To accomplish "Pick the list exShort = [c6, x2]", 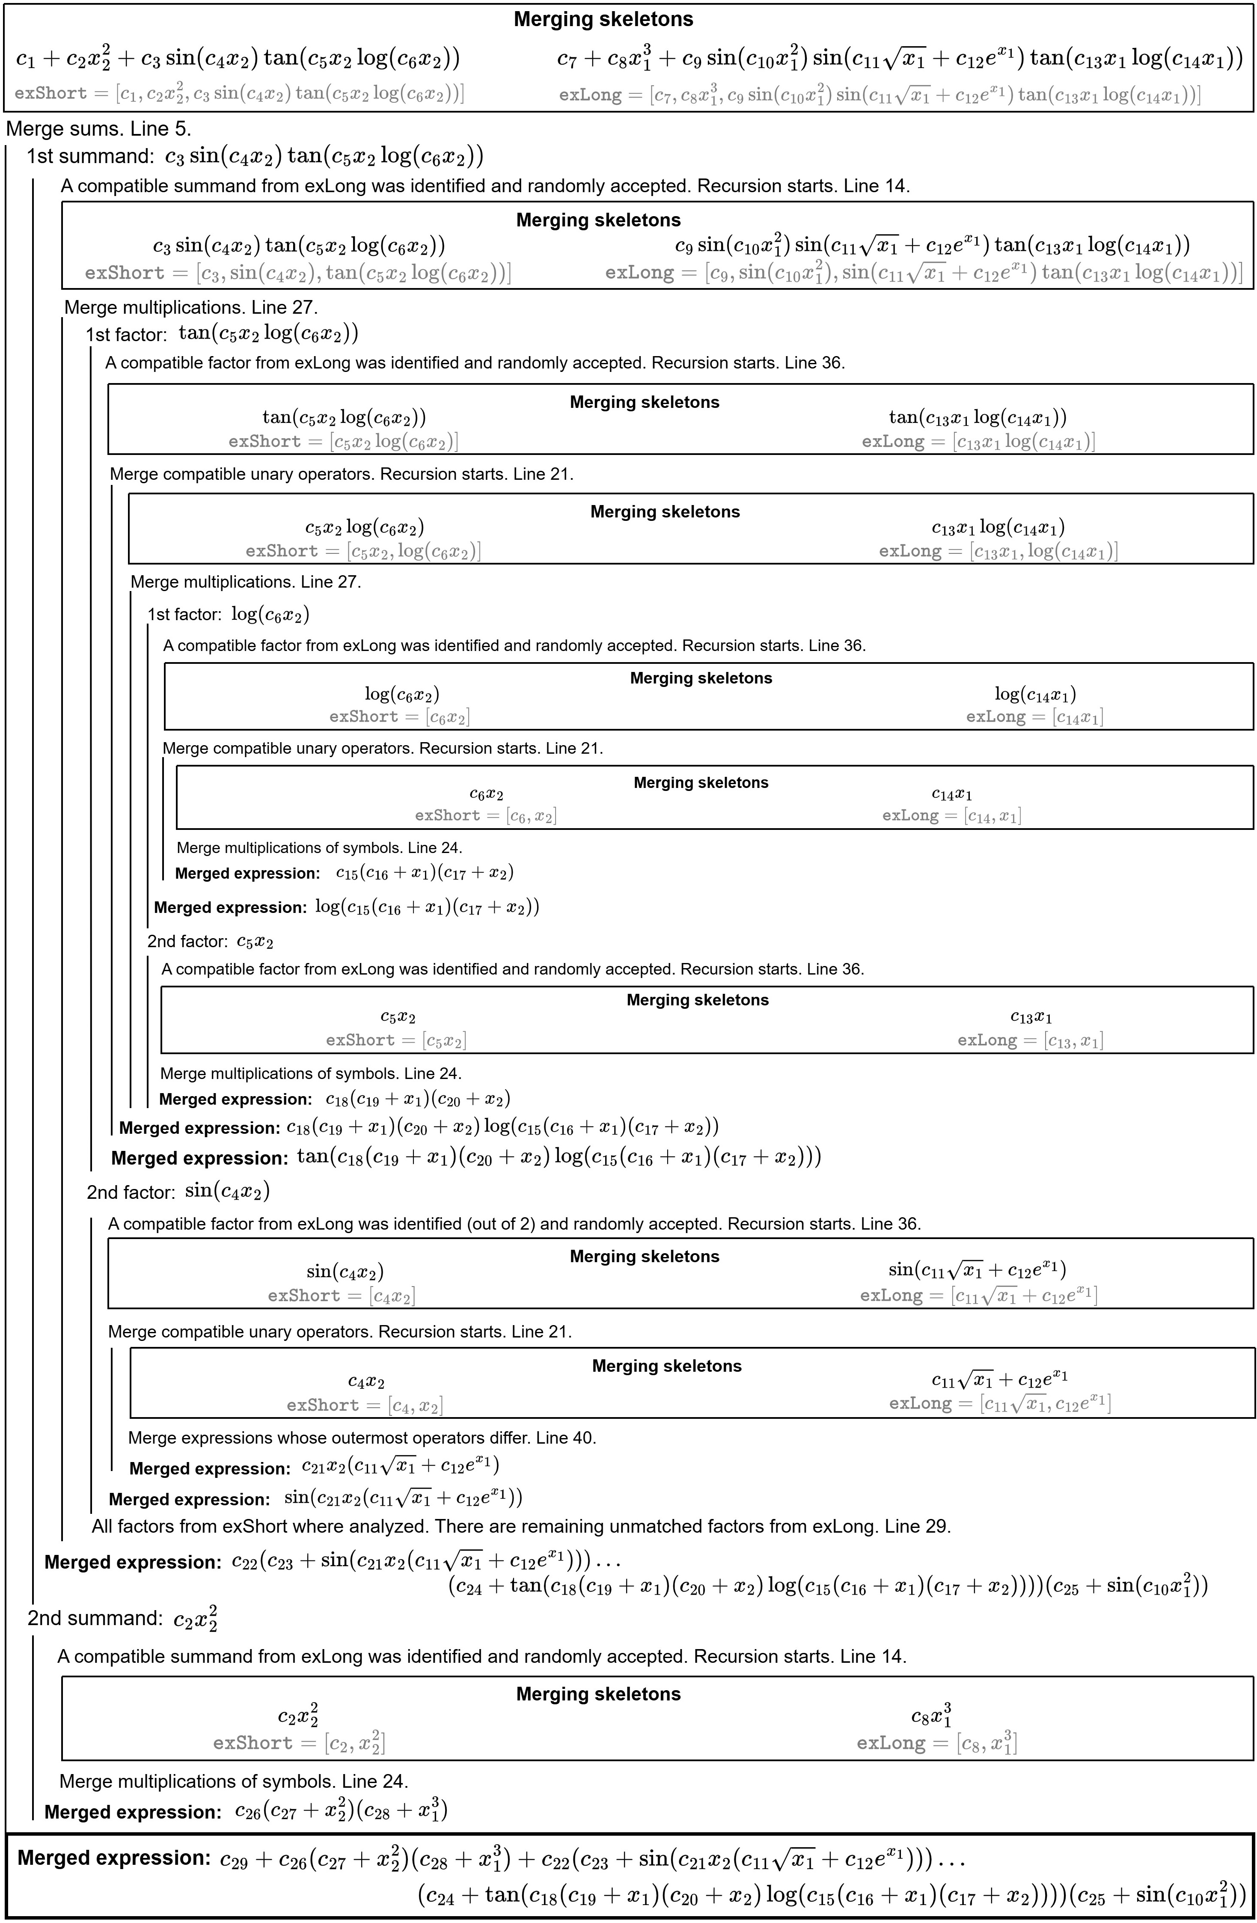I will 485,815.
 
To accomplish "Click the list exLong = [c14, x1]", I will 952,815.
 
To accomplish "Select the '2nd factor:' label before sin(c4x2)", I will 130,1192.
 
